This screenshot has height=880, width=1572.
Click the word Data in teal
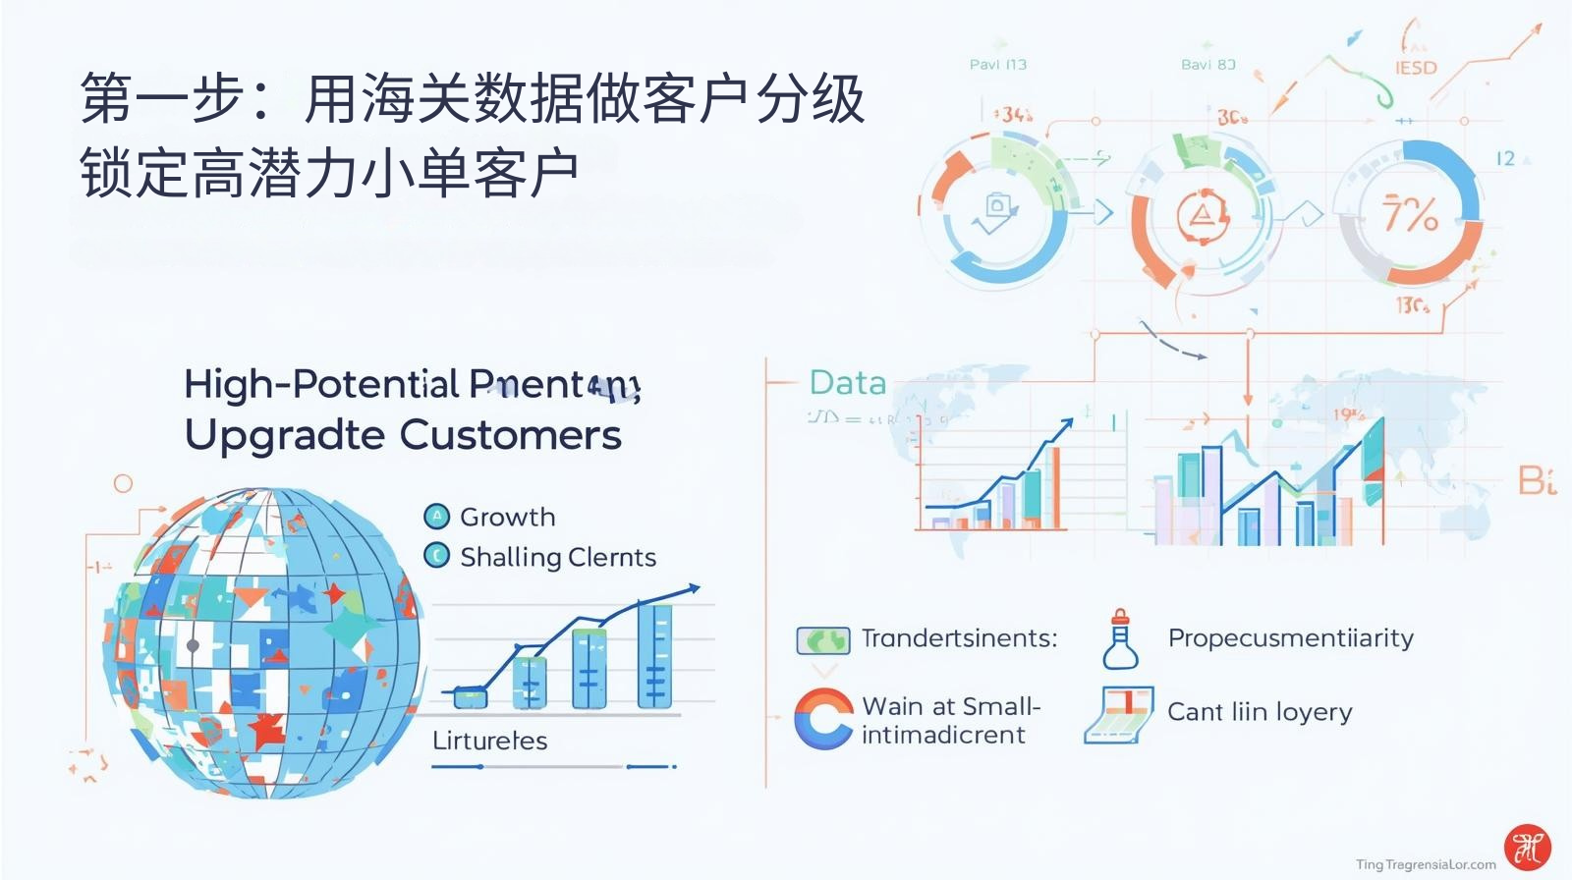(847, 383)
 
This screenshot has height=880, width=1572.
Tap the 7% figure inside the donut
(1410, 214)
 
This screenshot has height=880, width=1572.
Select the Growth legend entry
(507, 517)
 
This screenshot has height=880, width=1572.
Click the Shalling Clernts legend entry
(557, 557)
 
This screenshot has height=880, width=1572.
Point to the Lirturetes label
(489, 741)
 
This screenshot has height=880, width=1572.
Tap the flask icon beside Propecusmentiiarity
(1120, 639)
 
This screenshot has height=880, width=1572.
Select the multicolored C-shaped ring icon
(822, 719)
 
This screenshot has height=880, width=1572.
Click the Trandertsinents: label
(959, 638)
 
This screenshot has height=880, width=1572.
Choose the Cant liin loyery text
(1259, 711)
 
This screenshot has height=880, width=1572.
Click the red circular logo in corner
(1527, 847)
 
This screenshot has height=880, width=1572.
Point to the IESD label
(1416, 68)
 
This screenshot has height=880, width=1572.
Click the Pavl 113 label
(997, 65)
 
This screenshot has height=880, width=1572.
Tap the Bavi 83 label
(1207, 65)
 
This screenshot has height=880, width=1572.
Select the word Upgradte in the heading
(284, 435)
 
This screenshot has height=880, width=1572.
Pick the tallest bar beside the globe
(654, 655)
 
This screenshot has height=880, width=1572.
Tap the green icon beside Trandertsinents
(822, 640)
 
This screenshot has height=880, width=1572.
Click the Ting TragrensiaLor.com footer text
(1425, 864)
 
